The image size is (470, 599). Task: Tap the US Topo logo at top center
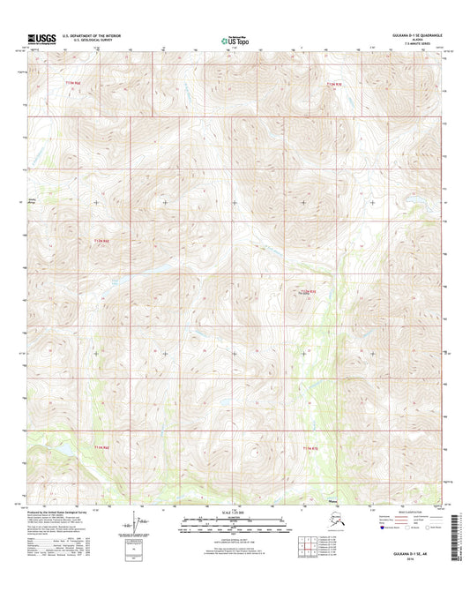(x=235, y=39)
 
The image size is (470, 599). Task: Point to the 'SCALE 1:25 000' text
(x=235, y=514)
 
